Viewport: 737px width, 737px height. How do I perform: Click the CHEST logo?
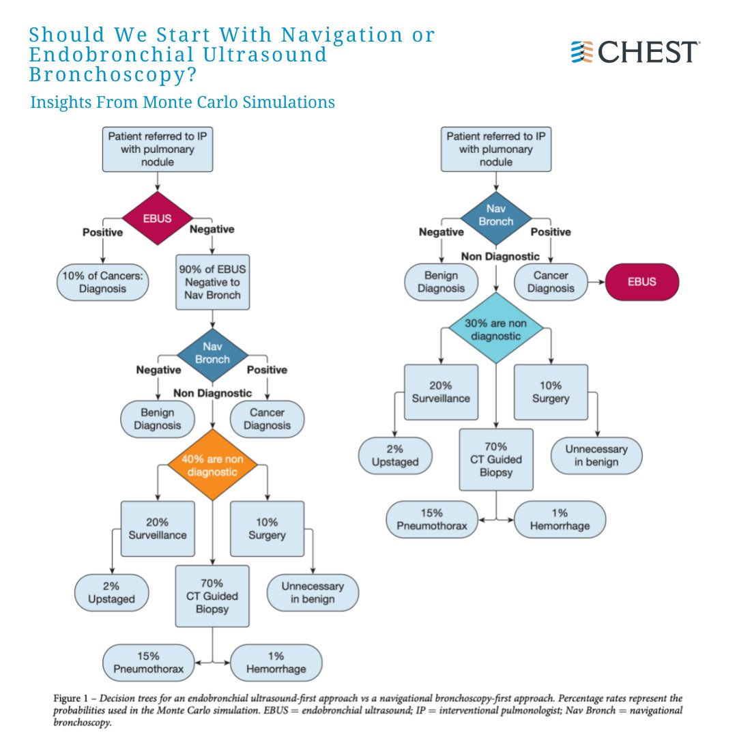tap(635, 52)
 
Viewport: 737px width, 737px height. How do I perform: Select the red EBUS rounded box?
tap(641, 280)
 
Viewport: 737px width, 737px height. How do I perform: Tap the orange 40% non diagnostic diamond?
tap(212, 465)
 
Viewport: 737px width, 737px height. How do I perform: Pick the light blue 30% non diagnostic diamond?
tap(496, 329)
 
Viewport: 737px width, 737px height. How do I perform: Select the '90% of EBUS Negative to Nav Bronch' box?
tap(212, 281)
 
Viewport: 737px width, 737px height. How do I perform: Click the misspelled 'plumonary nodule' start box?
tap(496, 149)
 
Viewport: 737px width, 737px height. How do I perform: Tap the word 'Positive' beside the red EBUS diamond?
tap(102, 233)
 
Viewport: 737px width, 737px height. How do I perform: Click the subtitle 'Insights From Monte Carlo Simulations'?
tap(182, 102)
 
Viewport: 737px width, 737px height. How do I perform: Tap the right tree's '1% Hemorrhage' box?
tap(560, 520)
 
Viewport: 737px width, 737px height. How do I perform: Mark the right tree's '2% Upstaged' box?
tap(396, 456)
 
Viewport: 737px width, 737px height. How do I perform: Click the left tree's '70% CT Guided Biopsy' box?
tap(212, 596)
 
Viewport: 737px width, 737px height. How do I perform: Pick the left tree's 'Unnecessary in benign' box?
tap(312, 592)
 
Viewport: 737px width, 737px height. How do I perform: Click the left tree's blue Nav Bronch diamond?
tap(212, 353)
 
